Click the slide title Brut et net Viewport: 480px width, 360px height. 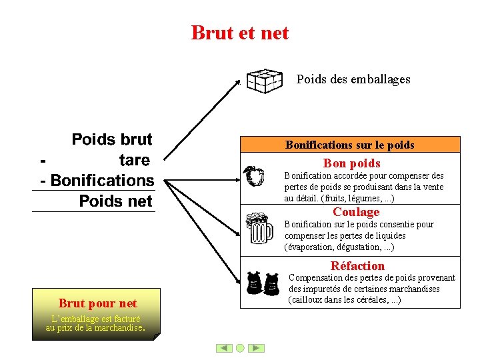[x=240, y=33]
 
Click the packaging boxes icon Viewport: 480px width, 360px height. [x=265, y=80]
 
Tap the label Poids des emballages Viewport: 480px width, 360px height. [x=353, y=79]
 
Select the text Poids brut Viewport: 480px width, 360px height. [x=111, y=139]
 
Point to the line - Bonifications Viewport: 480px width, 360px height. [x=97, y=181]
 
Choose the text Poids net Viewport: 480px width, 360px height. [x=115, y=201]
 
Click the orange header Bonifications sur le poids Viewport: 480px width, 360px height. [x=349, y=145]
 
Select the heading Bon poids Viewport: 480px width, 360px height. [x=351, y=163]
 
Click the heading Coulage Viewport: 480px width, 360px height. [x=356, y=212]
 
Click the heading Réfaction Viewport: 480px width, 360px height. [x=357, y=265]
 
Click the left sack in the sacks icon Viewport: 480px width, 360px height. [x=253, y=283]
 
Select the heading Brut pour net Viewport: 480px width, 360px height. [x=97, y=303]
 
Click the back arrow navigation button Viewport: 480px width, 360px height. [x=224, y=348]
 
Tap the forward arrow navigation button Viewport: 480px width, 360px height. [x=257, y=348]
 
